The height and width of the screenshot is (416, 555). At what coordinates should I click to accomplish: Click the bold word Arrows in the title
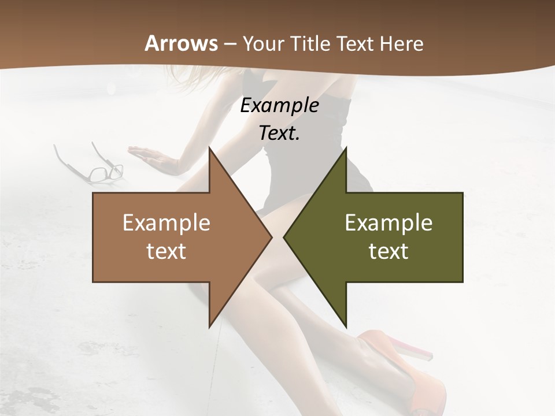pyautogui.click(x=182, y=43)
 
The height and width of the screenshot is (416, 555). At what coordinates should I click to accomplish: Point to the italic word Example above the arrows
pyautogui.click(x=279, y=105)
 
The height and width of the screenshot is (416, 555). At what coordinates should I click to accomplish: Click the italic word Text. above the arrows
pyautogui.click(x=279, y=133)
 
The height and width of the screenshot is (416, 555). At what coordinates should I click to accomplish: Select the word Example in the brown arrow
pyautogui.click(x=166, y=223)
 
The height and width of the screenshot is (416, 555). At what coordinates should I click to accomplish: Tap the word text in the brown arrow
pyautogui.click(x=166, y=251)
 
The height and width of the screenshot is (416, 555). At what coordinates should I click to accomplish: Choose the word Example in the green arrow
pyautogui.click(x=388, y=223)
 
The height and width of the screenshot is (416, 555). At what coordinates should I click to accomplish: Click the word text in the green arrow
pyautogui.click(x=388, y=251)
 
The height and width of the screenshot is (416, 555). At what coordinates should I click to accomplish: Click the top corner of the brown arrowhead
pyautogui.click(x=210, y=148)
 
